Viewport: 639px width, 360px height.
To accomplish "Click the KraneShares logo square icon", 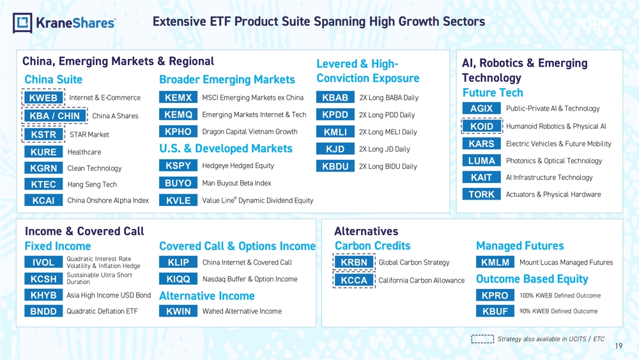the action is [x=22, y=23].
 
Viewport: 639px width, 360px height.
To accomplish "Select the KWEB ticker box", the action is [x=43, y=98].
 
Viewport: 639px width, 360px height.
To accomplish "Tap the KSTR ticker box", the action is [x=43, y=134].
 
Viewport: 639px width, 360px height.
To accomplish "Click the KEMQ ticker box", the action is [x=178, y=114].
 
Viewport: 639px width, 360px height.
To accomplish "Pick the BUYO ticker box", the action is [x=178, y=183].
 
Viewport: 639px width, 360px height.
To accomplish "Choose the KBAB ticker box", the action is [x=335, y=97].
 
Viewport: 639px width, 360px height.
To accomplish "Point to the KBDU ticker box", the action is [x=335, y=166].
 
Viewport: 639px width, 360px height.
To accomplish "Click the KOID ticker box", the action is [x=481, y=127].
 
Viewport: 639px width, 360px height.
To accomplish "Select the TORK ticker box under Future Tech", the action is [x=481, y=194].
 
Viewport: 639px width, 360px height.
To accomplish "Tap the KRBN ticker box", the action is [x=354, y=262].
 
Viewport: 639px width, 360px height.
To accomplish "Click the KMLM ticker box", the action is [x=495, y=262].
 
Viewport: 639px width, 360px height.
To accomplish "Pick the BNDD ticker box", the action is [x=43, y=311].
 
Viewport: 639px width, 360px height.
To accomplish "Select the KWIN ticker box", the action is [x=178, y=311].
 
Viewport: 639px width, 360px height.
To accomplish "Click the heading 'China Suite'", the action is [x=54, y=79].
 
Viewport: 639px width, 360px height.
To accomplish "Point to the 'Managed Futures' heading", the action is [x=520, y=246].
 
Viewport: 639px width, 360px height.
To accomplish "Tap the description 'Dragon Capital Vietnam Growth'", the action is [x=250, y=132].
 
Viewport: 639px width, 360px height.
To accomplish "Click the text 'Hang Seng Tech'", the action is [x=92, y=184].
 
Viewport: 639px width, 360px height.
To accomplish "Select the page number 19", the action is [x=619, y=346].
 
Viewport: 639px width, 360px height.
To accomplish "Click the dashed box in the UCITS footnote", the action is [x=482, y=339].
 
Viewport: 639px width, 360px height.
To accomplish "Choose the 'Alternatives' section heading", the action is [x=366, y=231].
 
